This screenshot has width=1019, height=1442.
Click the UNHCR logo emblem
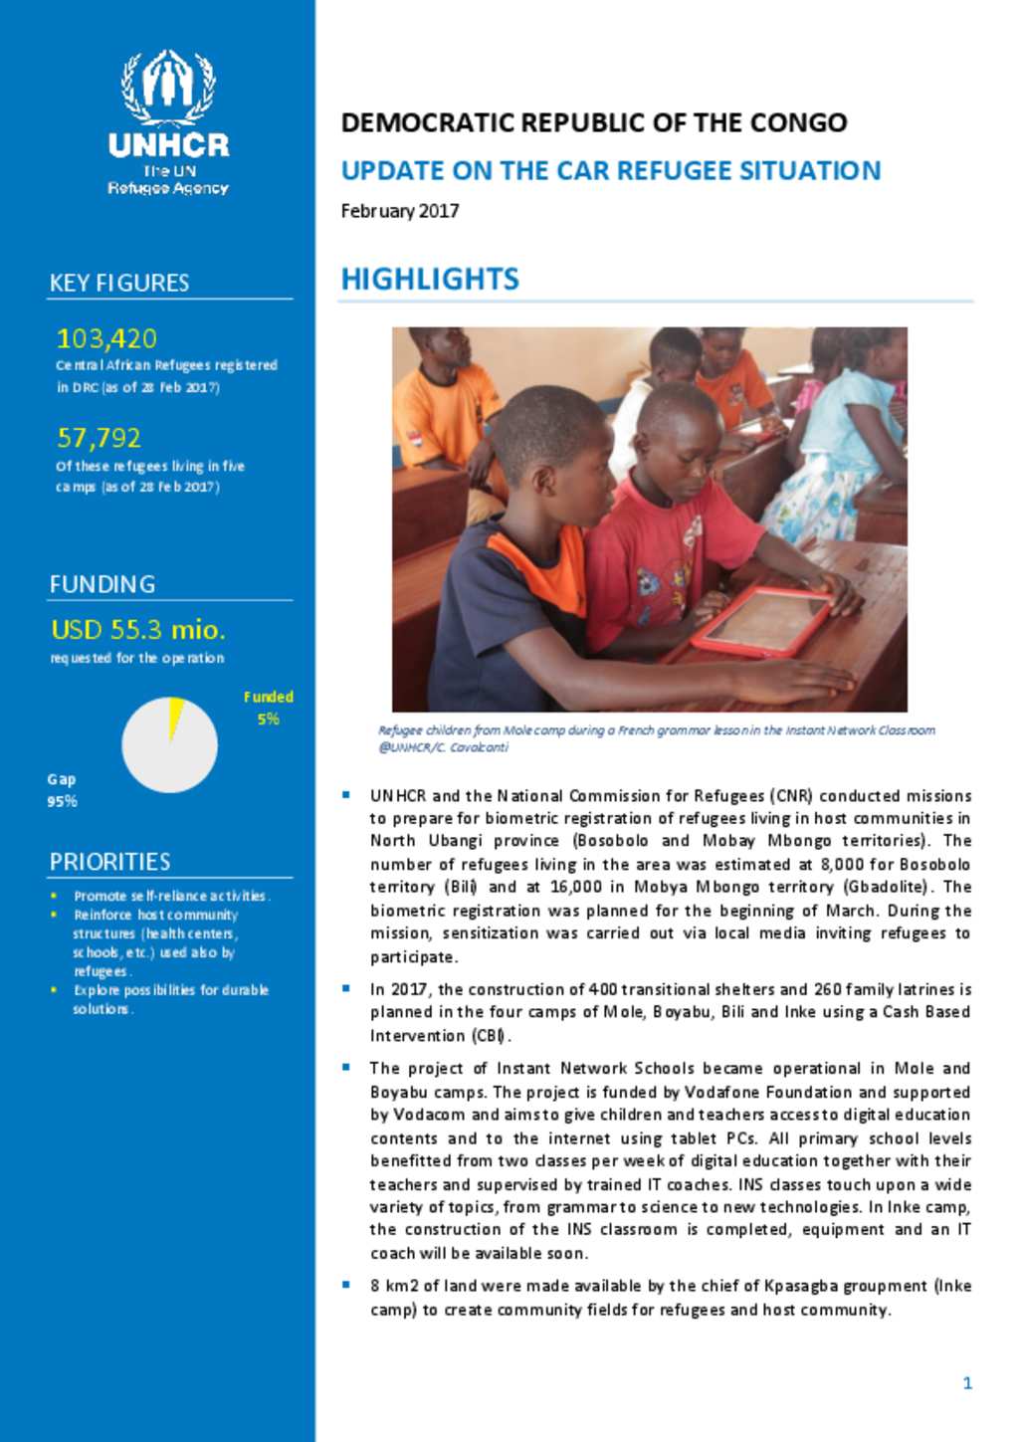pos(168,88)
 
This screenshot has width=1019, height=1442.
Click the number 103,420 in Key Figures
pos(106,338)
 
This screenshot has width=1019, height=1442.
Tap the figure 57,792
pos(99,438)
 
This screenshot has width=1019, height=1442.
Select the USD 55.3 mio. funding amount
pos(138,630)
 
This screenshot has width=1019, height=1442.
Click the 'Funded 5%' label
pos(268,708)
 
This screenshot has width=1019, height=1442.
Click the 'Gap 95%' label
pos(62,790)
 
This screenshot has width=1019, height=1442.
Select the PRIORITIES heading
pos(109,862)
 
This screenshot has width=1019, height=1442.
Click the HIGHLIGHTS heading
pos(430,280)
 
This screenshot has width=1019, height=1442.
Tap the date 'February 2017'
pos(400,211)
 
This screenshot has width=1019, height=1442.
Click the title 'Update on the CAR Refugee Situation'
pos(610,171)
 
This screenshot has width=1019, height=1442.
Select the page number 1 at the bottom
pos(967,1382)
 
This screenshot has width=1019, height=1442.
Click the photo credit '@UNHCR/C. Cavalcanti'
pos(443,747)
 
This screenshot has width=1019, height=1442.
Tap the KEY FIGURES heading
pos(119,283)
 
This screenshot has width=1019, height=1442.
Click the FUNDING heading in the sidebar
pos(102,584)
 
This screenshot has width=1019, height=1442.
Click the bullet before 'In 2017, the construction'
pos(346,988)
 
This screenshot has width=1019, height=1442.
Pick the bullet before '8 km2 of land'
pos(346,1285)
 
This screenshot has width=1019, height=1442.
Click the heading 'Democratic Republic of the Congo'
pos(594,123)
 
